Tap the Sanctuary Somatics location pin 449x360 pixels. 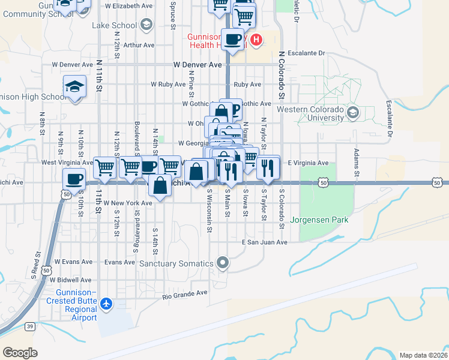tap(223, 263)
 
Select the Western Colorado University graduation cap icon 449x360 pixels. tap(353, 112)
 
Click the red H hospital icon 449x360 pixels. tap(256, 40)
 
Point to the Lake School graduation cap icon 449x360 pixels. tap(145, 25)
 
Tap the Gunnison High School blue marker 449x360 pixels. tap(74, 88)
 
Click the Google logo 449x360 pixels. tap(20, 352)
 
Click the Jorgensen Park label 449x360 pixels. tap(319, 220)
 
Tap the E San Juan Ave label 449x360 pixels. tap(265, 242)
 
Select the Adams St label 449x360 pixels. tap(357, 163)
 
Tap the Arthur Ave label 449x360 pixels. tap(139, 45)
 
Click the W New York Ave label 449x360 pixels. tap(128, 203)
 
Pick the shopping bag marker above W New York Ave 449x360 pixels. tap(160, 185)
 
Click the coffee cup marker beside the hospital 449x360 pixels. tap(232, 40)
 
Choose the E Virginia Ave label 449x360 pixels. tap(308, 163)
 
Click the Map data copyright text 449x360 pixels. tap(423, 355)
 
